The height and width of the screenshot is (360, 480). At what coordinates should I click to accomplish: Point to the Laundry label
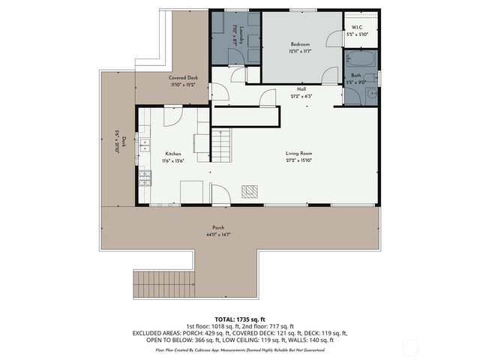[235, 34]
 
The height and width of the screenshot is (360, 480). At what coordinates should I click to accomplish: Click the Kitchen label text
[172, 154]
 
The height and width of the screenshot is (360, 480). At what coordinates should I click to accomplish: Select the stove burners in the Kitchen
[144, 178]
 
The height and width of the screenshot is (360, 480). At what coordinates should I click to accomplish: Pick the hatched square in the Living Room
[249, 191]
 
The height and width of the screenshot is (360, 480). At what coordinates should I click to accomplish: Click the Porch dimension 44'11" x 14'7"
[217, 235]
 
